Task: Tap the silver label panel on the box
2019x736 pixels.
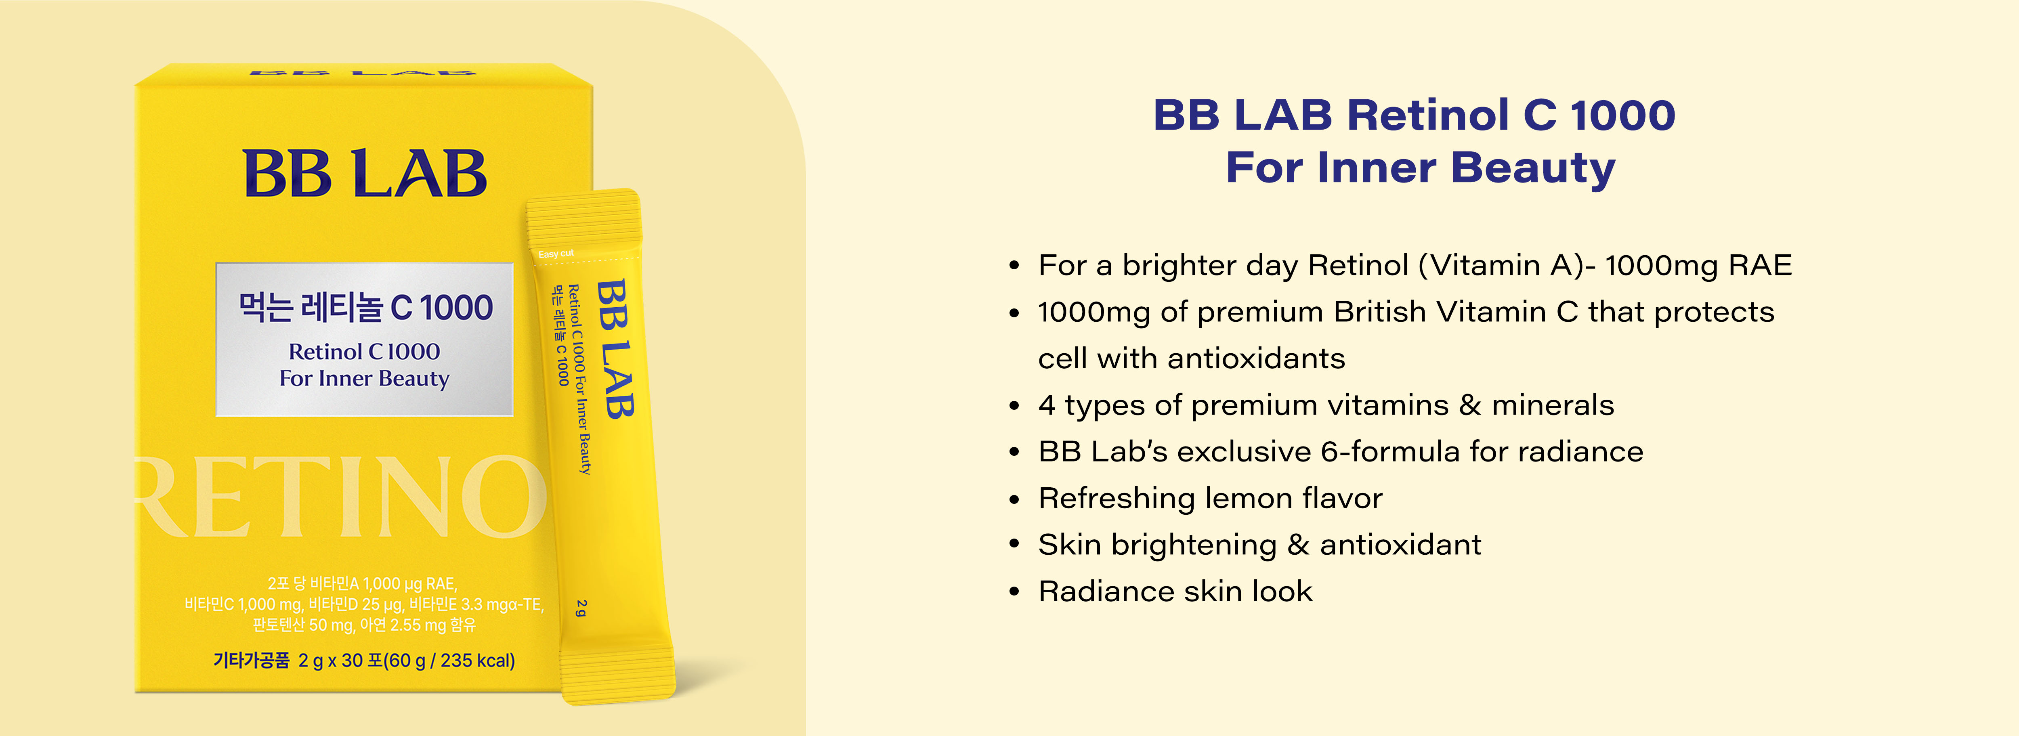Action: [365, 340]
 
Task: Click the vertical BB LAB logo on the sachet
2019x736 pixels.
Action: [615, 349]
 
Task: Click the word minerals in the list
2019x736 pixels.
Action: [1553, 405]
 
